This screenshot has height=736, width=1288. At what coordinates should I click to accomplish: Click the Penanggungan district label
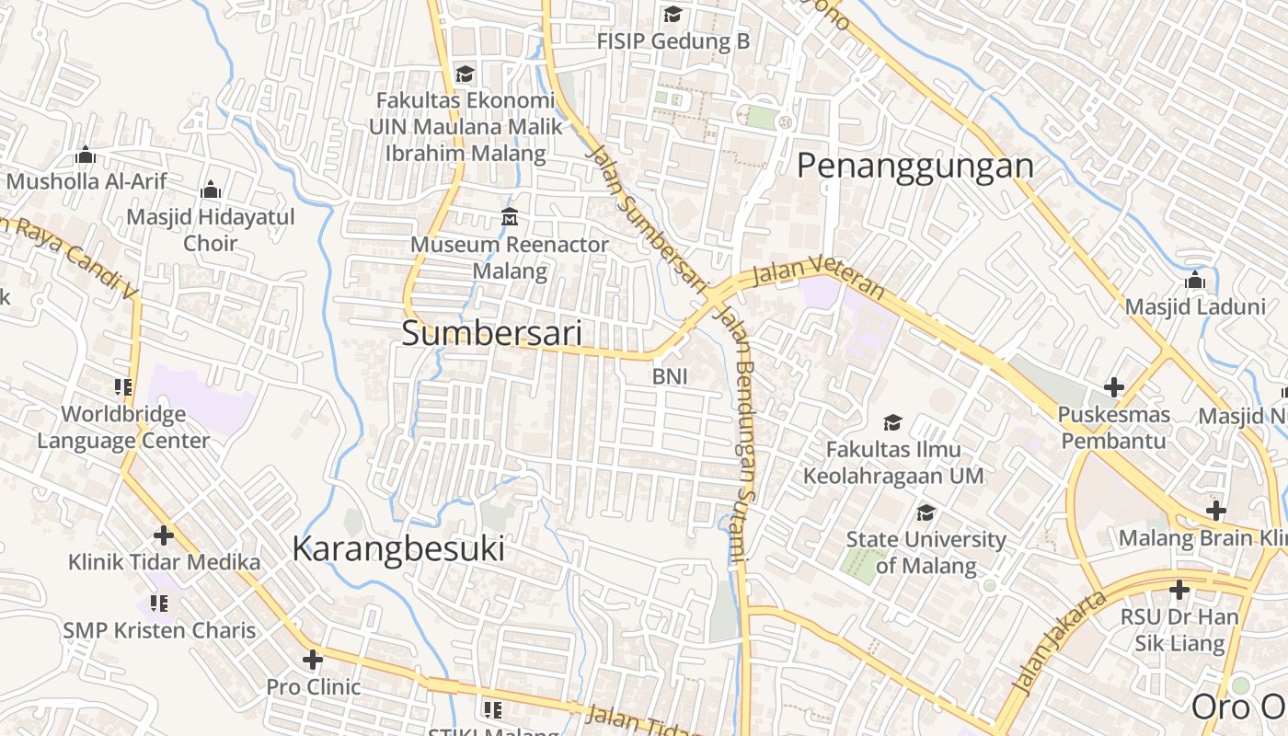click(x=914, y=167)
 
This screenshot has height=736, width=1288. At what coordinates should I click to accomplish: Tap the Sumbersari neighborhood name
click(x=491, y=334)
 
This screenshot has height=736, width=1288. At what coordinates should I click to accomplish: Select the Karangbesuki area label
click(x=397, y=549)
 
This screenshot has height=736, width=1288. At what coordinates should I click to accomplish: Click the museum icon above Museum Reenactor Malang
click(x=509, y=217)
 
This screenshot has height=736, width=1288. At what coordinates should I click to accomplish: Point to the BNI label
click(x=670, y=376)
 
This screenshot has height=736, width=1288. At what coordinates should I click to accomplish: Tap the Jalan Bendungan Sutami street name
click(x=739, y=432)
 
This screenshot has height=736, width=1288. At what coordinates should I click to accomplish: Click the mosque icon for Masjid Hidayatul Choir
click(x=211, y=190)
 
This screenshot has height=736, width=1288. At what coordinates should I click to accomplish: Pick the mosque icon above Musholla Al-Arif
click(x=86, y=155)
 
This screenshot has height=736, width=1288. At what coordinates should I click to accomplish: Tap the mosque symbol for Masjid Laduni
click(x=1195, y=280)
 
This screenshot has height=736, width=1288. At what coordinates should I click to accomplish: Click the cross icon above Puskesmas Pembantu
click(x=1113, y=387)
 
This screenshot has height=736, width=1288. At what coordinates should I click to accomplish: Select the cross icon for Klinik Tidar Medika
click(x=164, y=535)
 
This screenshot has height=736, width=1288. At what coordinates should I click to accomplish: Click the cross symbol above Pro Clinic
click(x=313, y=660)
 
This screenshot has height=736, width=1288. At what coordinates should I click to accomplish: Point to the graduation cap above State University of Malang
click(x=926, y=512)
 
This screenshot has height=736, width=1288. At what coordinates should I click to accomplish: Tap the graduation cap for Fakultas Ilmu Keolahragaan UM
click(x=892, y=422)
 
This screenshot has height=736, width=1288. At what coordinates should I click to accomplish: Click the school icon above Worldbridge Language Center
click(x=123, y=387)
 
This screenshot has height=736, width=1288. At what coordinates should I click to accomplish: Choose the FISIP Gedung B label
click(x=673, y=41)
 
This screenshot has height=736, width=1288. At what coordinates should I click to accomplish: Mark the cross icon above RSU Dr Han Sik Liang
click(x=1179, y=590)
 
